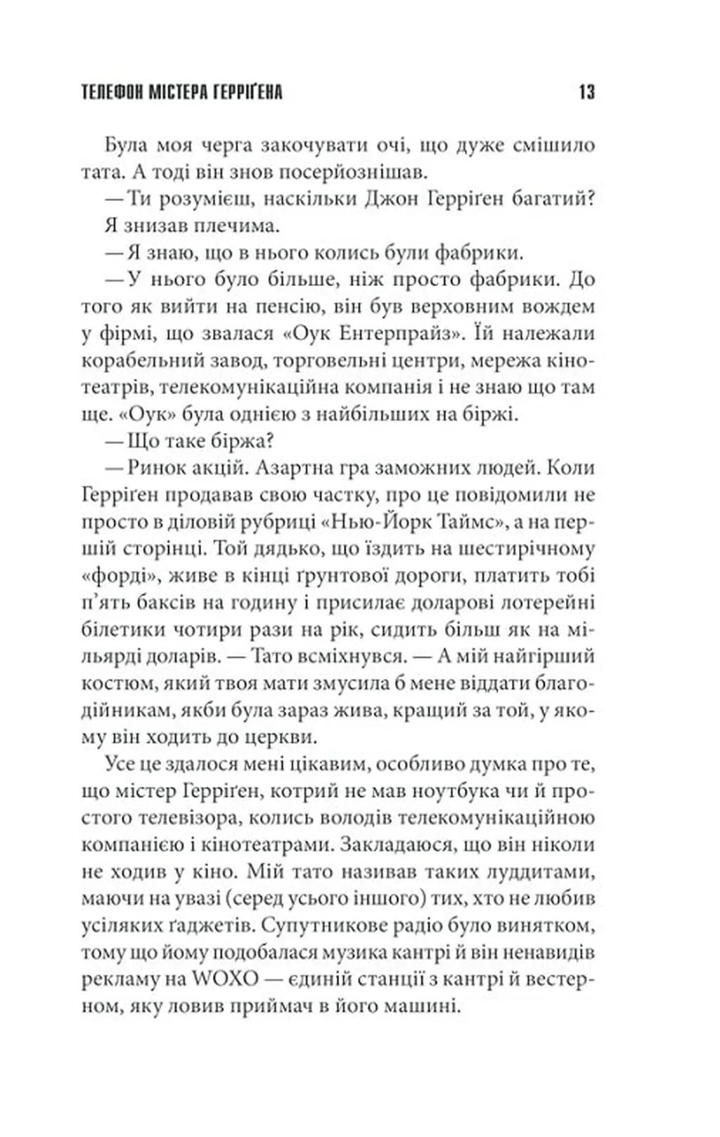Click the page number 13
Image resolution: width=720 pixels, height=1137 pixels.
[586, 92]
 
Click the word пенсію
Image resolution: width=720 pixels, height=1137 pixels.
[304, 306]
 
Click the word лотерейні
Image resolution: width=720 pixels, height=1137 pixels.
[547, 602]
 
